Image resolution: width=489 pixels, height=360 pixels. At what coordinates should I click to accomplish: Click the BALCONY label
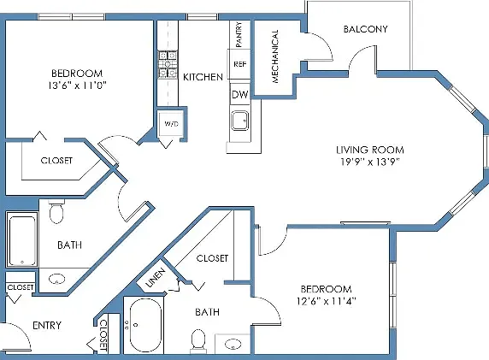pyautogui.click(x=366, y=29)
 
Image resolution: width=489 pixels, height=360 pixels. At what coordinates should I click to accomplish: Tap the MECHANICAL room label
pyautogui.click(x=274, y=56)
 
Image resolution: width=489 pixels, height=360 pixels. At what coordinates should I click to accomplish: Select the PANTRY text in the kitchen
pyautogui.click(x=239, y=34)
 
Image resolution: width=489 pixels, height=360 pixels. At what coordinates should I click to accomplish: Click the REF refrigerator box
pyautogui.click(x=239, y=64)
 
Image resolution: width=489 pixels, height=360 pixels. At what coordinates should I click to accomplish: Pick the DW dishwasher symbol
pyautogui.click(x=240, y=94)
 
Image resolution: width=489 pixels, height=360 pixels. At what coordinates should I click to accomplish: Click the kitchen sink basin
pyautogui.click(x=239, y=121)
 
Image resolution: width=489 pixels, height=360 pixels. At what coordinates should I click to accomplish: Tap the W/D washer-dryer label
pyautogui.click(x=171, y=124)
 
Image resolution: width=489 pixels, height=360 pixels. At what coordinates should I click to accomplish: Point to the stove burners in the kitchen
pyautogui.click(x=168, y=65)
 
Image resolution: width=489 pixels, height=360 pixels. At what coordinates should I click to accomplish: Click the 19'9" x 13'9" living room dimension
pyautogui.click(x=370, y=162)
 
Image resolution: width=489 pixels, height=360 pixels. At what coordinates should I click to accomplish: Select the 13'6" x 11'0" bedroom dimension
pyautogui.click(x=77, y=86)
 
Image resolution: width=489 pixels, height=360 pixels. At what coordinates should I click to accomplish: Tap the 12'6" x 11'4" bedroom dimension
pyautogui.click(x=327, y=301)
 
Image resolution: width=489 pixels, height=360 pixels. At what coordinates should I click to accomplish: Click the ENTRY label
pyautogui.click(x=47, y=326)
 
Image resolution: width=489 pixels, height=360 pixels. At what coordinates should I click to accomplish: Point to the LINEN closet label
pyautogui.click(x=156, y=278)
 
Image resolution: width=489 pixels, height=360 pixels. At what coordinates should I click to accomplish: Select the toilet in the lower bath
pyautogui.click(x=198, y=340)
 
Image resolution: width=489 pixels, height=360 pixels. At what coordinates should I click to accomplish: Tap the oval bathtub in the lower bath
pyautogui.click(x=145, y=326)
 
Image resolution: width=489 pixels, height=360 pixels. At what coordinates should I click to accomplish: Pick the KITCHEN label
pyautogui.click(x=203, y=77)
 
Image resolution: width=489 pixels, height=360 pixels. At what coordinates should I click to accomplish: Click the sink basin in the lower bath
pyautogui.click(x=233, y=345)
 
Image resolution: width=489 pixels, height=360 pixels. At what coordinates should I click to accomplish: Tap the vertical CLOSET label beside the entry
pyautogui.click(x=103, y=335)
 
